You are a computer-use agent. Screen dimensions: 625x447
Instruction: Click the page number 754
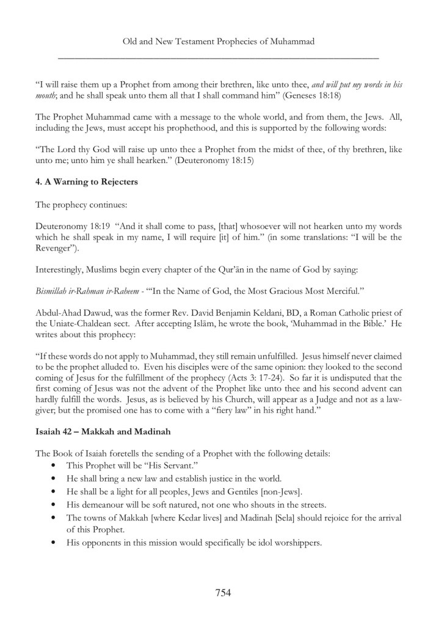click(223, 591)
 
